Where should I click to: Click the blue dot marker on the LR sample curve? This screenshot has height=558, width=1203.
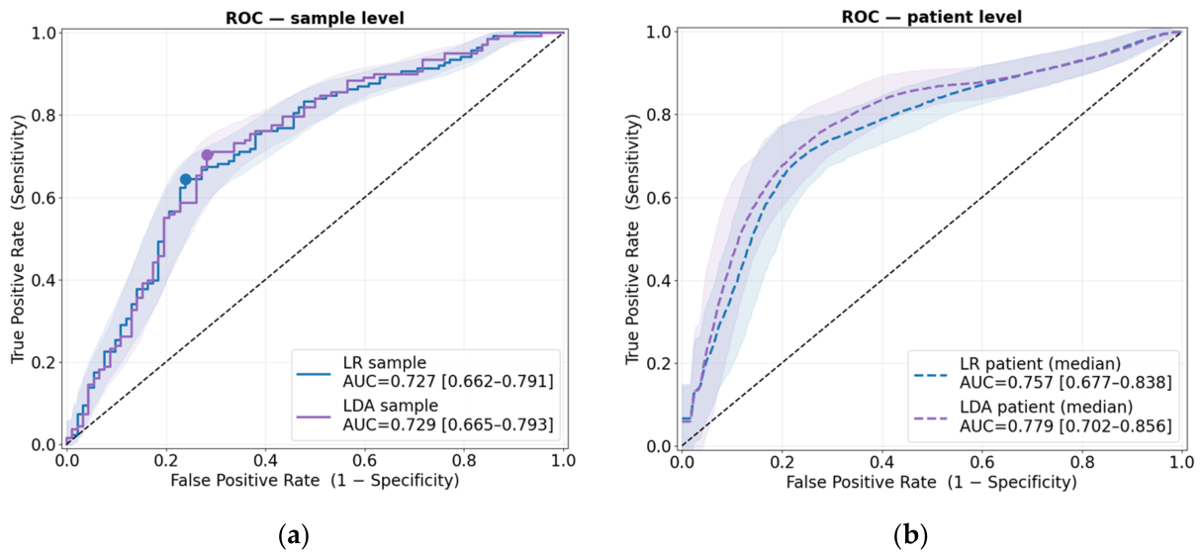coord(185,179)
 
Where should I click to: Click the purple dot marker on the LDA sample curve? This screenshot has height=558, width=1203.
coord(207,155)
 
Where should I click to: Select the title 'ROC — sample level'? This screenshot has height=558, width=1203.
coord(315,18)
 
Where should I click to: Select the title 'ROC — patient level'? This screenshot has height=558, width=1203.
coord(931,17)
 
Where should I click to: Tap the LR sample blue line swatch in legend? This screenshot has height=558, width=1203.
coord(314,373)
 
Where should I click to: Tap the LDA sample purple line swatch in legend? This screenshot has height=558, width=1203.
coord(314,416)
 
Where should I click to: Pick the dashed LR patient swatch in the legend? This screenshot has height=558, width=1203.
coord(931,375)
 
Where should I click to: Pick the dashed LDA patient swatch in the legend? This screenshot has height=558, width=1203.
coord(931,417)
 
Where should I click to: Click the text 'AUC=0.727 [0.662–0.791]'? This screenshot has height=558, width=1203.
coord(448,381)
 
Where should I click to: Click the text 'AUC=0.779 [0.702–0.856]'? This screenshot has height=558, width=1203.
coord(1065,425)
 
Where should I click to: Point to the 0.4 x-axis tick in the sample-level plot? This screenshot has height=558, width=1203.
coord(265,460)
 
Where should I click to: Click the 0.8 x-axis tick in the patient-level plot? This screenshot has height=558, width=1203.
coord(1081,462)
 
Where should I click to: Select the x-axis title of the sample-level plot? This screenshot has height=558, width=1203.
coord(315,480)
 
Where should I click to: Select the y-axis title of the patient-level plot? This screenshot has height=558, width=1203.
coord(634,239)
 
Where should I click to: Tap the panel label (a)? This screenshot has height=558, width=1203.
coord(294,535)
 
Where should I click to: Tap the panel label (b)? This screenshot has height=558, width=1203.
coord(911,535)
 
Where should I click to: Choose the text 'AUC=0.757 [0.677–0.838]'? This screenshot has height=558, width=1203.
coord(1065,382)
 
